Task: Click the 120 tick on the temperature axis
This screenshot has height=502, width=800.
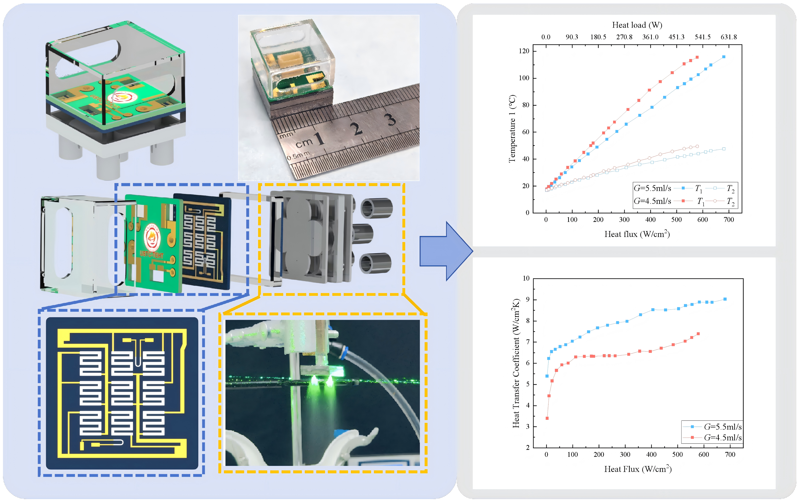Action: [524, 51]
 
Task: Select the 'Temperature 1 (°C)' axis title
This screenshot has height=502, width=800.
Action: [512, 129]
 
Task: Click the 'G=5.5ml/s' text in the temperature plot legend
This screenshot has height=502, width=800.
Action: [652, 188]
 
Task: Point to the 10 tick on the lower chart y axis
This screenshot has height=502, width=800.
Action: [526, 278]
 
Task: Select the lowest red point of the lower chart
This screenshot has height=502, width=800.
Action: [547, 418]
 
